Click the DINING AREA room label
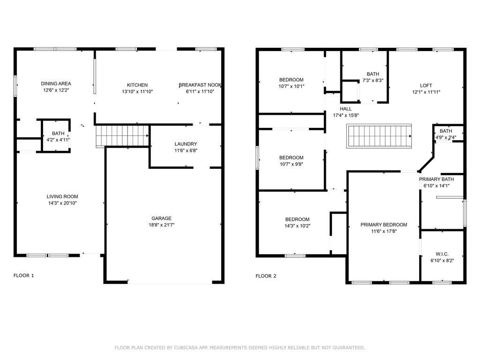point(56,83)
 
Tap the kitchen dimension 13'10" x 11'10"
point(137,91)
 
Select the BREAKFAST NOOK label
point(200,85)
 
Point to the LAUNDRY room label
point(186,144)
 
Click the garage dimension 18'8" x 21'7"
point(161,225)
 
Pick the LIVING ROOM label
point(62,196)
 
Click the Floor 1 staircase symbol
point(122,136)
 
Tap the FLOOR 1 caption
point(23,276)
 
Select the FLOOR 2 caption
point(266,276)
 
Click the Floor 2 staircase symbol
point(379,136)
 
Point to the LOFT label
point(426,85)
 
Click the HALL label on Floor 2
point(345,109)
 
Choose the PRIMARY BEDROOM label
point(384,225)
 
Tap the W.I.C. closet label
point(442,254)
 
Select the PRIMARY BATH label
point(436,179)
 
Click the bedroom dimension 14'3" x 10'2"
point(297,226)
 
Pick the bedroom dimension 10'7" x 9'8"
point(291,164)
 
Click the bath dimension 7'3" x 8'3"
point(373,81)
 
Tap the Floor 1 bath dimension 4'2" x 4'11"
point(58,140)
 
